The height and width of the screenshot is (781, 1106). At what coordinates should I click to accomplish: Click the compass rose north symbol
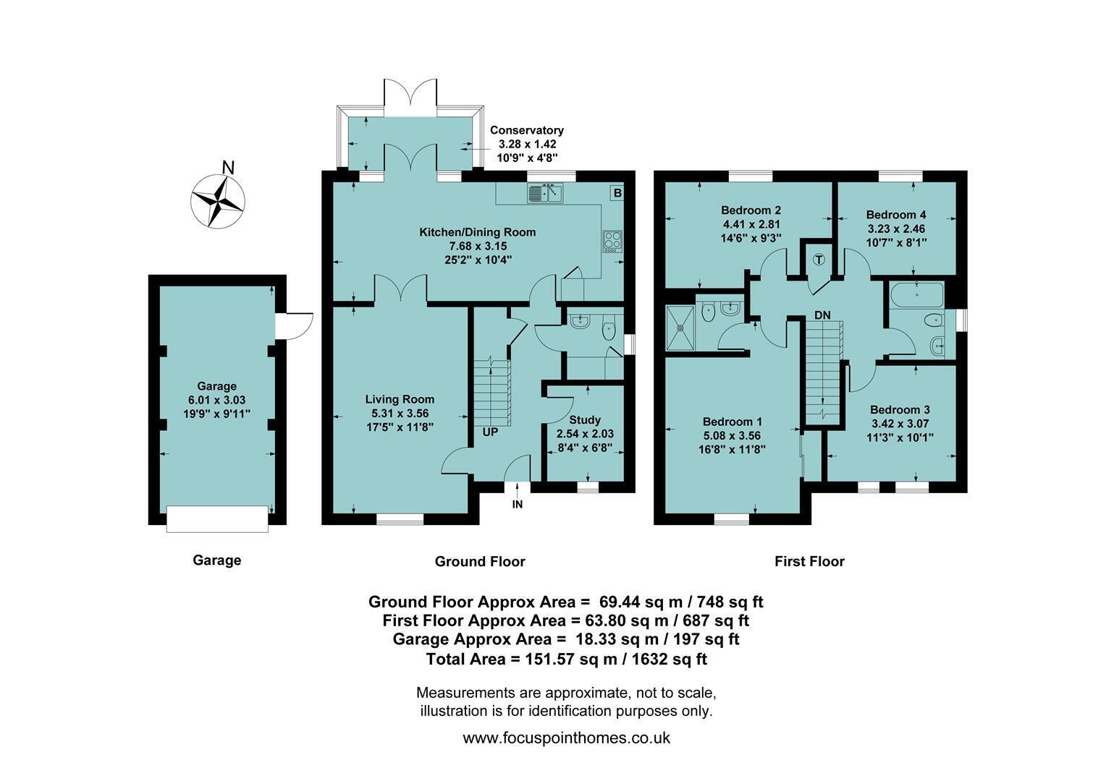[x=218, y=201]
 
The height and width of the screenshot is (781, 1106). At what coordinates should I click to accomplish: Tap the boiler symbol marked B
[x=617, y=193]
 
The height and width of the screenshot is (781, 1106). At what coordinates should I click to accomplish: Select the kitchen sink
[x=545, y=192]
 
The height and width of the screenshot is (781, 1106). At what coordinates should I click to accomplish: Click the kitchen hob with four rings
[x=613, y=242]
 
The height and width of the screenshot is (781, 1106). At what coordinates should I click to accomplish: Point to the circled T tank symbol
[x=819, y=260]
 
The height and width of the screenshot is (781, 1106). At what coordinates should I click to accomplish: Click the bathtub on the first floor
[x=917, y=294]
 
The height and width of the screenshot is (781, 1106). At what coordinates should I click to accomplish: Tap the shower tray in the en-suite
[x=680, y=328]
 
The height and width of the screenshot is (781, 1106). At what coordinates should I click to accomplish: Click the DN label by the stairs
[x=822, y=315]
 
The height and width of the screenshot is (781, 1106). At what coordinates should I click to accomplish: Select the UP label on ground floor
[x=490, y=432]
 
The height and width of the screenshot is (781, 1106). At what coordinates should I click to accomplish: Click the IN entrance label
[x=518, y=504]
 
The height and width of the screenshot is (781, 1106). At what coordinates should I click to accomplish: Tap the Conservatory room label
[x=527, y=130]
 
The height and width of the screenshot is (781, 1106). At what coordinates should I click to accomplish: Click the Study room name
[x=585, y=420]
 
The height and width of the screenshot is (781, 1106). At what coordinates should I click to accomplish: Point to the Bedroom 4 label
[x=896, y=215]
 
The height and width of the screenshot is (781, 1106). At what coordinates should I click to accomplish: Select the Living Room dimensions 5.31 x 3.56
[x=400, y=414]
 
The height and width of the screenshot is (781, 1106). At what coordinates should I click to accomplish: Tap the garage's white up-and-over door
[x=217, y=519]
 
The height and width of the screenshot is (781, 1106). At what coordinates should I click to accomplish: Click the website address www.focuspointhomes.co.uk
[x=566, y=738]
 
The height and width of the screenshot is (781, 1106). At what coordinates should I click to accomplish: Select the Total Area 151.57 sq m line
[x=566, y=659]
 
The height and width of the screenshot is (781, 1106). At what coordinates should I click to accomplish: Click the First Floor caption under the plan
[x=809, y=561]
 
